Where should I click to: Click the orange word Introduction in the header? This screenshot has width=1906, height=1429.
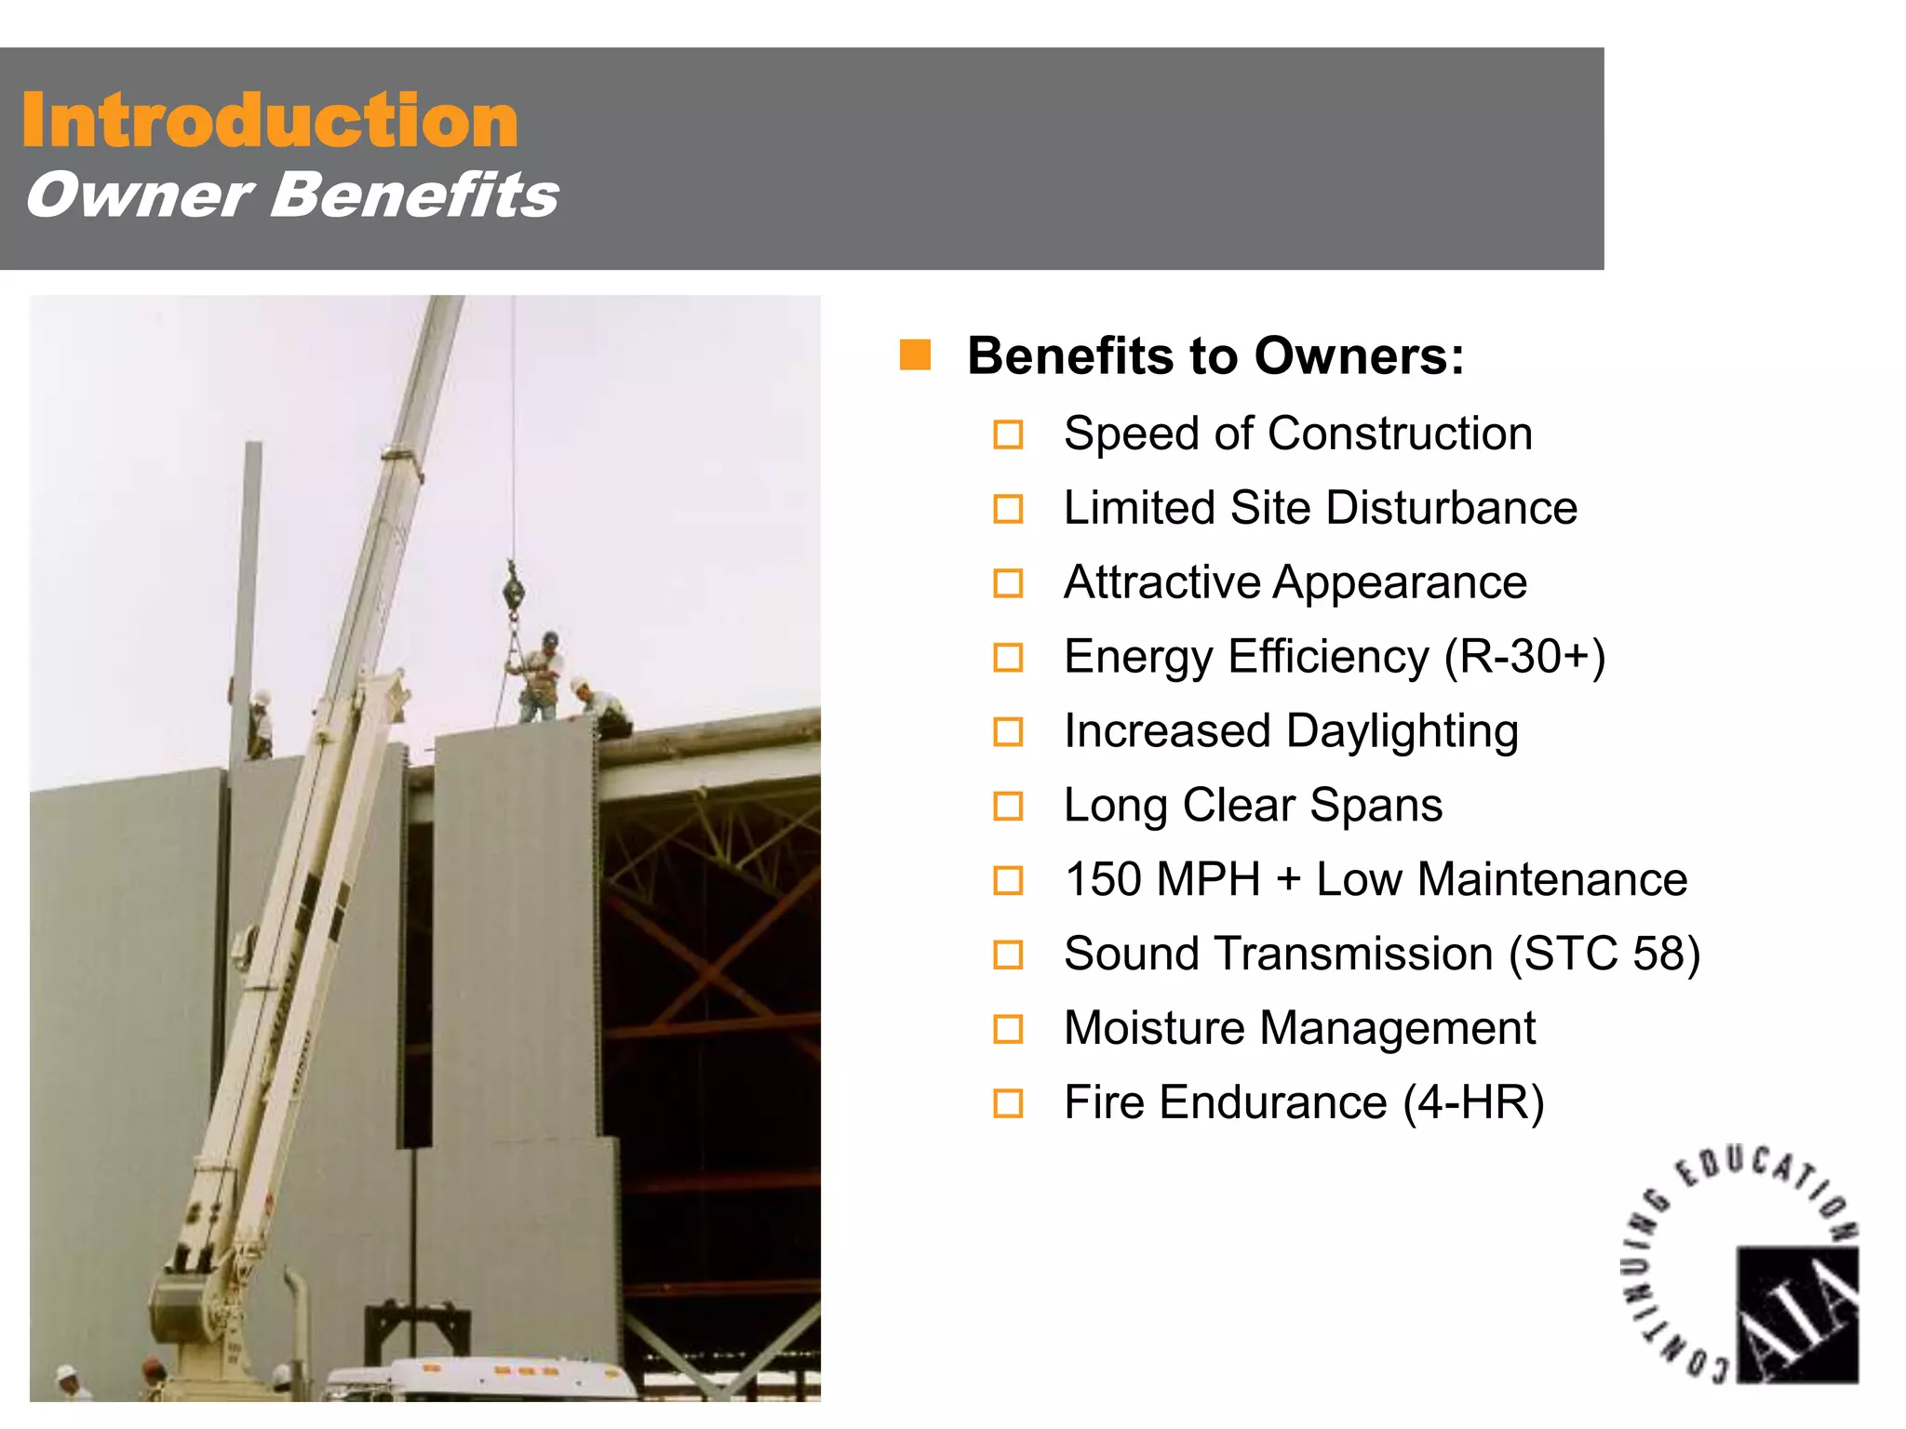(270, 121)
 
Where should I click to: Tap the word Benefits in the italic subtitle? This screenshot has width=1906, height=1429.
(414, 195)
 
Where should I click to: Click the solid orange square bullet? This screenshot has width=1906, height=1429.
(915, 355)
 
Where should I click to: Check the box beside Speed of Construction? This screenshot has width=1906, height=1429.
(1008, 434)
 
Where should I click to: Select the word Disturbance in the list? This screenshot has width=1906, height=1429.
(1451, 508)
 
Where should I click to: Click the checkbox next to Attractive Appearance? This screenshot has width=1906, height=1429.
(1008, 583)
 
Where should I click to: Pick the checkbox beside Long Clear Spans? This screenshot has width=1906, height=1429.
(1008, 806)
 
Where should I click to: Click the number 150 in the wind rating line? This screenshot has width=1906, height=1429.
(1103, 879)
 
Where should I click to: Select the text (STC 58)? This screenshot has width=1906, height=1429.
(1604, 954)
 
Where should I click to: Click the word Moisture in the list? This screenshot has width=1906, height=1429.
(1154, 1028)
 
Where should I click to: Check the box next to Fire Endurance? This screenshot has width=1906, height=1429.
(1008, 1103)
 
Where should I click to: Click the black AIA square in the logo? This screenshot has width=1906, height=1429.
(1797, 1314)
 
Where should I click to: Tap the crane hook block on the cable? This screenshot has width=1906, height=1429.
(513, 590)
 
